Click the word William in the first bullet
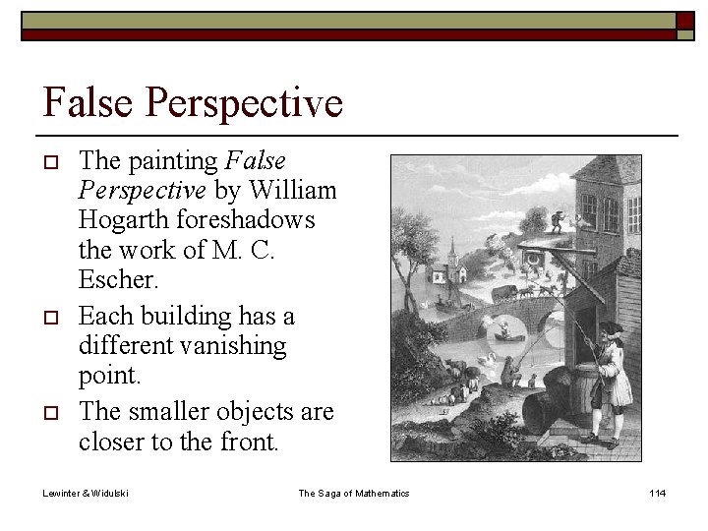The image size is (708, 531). (294, 189)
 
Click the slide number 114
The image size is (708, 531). (656, 493)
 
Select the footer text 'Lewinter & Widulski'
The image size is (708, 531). (87, 493)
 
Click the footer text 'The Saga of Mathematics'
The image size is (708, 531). (354, 493)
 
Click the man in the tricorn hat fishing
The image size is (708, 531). (608, 379)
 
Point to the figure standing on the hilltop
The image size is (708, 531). (560, 219)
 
